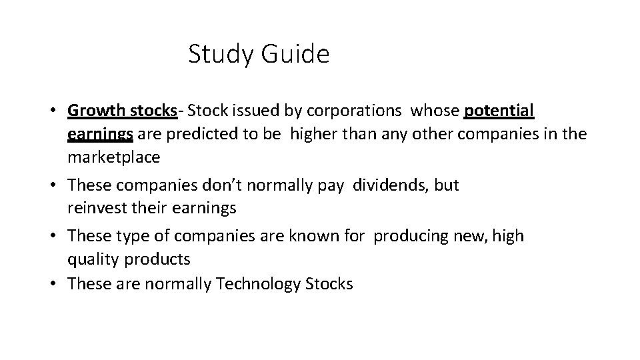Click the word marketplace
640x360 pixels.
point(113,157)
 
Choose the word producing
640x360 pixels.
point(409,235)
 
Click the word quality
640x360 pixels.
point(90,259)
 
